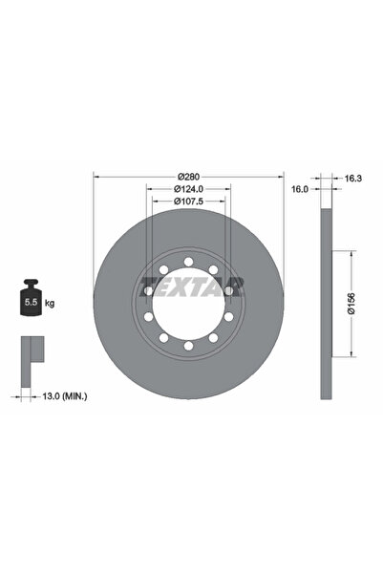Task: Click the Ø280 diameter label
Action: coord(188,177)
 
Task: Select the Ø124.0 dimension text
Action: coord(188,189)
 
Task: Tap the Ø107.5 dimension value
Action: coord(188,202)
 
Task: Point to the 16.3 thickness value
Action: coord(351,178)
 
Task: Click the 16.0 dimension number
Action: coord(299,190)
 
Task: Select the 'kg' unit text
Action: coord(50,303)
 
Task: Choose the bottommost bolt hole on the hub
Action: coord(189,344)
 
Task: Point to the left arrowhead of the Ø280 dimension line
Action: coord(96,177)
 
